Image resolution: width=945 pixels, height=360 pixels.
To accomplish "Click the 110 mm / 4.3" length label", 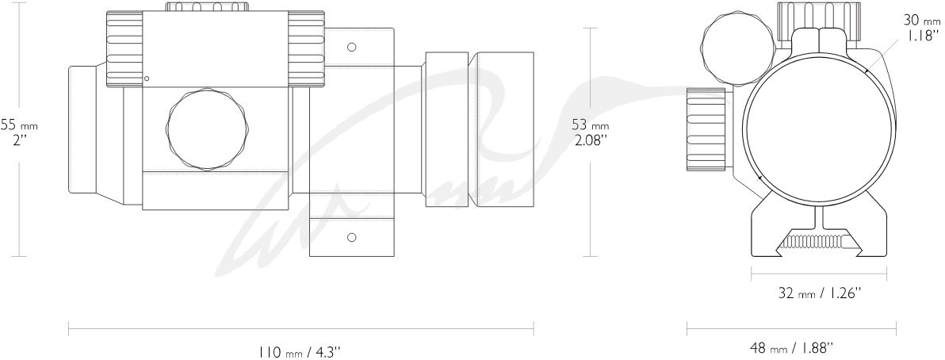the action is point(299,351).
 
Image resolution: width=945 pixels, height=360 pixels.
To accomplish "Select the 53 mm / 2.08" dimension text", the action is point(591,132).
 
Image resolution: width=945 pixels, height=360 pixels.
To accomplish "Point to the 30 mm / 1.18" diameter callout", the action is point(921,27).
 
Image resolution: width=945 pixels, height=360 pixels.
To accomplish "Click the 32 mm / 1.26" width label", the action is point(819,293).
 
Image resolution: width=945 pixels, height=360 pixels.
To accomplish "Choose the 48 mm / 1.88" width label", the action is point(790,348).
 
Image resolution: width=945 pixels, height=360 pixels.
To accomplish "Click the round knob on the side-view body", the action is point(208,130).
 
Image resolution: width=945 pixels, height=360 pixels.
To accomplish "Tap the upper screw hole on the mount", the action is point(352,47).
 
